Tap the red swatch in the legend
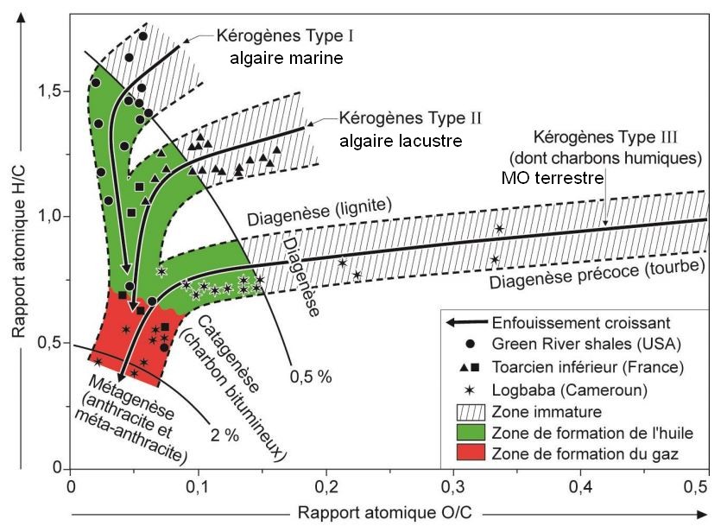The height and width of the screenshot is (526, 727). [466, 452]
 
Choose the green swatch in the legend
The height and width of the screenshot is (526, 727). [466, 431]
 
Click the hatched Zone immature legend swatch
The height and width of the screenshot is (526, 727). [466, 410]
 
